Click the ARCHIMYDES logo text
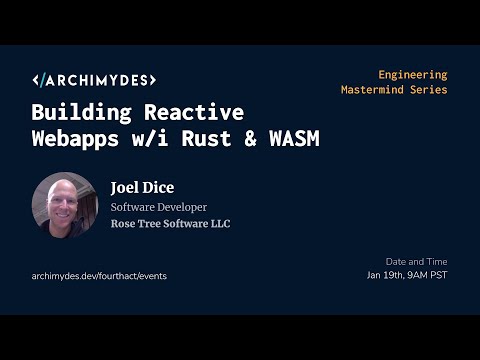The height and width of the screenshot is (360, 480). (x=94, y=80)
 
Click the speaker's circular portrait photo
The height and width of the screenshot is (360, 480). (x=64, y=205)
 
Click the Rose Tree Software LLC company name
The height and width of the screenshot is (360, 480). (x=170, y=224)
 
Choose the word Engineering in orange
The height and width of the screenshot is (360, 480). (x=412, y=74)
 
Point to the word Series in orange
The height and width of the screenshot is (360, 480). (x=429, y=90)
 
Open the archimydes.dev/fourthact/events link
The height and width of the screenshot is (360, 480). (x=99, y=275)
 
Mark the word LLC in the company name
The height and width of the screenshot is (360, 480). (x=219, y=224)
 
